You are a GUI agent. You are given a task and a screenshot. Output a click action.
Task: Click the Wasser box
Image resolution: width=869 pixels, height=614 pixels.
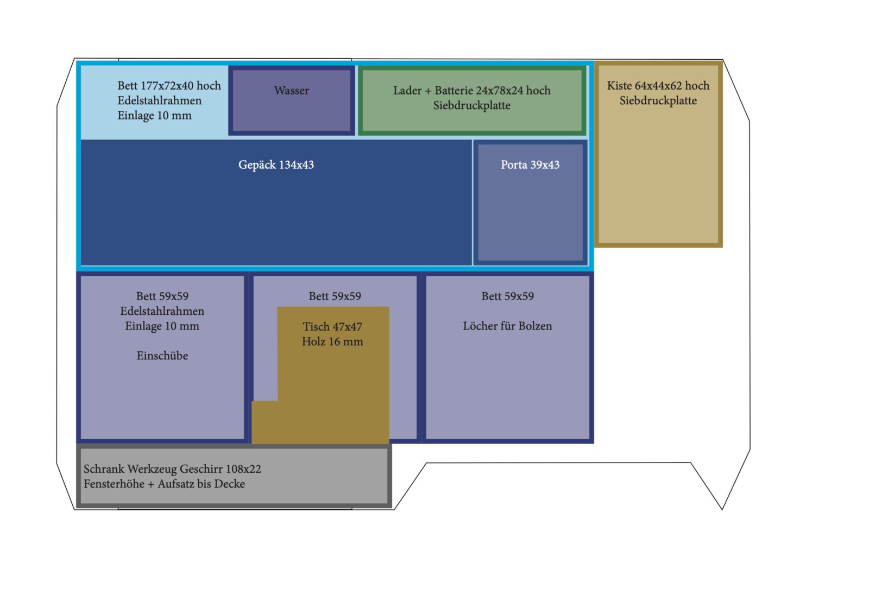tap(292, 101)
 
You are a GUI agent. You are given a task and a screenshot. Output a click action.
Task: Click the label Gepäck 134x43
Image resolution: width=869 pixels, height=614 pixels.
tap(276, 165)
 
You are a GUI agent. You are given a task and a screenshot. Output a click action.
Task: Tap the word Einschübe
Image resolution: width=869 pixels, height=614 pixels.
tap(162, 356)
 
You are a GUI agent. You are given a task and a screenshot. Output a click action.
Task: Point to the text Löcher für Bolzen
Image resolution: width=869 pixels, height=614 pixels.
tap(507, 326)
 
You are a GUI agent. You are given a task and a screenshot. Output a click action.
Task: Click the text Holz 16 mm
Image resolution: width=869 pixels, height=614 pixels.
tap(332, 342)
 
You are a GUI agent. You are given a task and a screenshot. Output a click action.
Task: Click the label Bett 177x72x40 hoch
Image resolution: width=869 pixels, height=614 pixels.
tap(169, 86)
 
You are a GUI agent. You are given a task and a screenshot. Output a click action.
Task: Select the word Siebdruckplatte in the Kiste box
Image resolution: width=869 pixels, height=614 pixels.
tap(658, 101)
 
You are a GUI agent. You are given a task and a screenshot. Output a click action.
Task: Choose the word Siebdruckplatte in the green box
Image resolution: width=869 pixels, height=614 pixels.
tap(471, 106)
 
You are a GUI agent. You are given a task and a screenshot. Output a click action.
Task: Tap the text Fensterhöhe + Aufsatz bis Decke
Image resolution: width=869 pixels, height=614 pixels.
tap(164, 484)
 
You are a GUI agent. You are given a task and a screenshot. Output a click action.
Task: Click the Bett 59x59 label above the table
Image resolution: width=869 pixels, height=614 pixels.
tap(335, 296)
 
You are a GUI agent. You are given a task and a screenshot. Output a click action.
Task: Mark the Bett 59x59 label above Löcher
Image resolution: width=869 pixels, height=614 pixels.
tap(507, 296)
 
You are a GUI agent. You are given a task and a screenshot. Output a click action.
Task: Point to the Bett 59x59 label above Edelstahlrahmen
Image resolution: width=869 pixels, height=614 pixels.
tap(162, 296)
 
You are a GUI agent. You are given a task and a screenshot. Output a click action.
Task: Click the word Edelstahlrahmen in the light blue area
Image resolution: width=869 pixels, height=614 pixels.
tap(159, 101)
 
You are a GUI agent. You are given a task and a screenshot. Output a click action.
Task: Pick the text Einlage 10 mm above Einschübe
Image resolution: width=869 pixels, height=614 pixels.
tap(162, 326)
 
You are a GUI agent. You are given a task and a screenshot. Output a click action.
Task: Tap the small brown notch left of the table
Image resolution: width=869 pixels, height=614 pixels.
tap(265, 422)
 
